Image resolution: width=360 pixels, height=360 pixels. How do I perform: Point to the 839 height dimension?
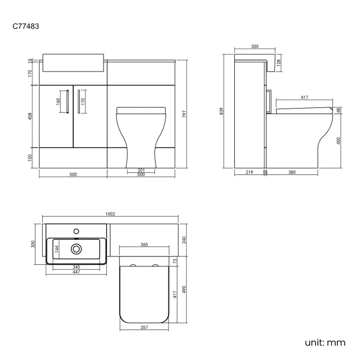click(x=222, y=111)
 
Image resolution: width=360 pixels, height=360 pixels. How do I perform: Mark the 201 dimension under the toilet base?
click(x=140, y=169)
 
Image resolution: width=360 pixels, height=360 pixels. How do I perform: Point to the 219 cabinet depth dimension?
click(x=249, y=173)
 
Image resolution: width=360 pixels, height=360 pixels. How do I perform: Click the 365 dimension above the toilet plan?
click(x=143, y=244)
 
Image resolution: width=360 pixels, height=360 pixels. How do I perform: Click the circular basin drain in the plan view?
click(x=76, y=249)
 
